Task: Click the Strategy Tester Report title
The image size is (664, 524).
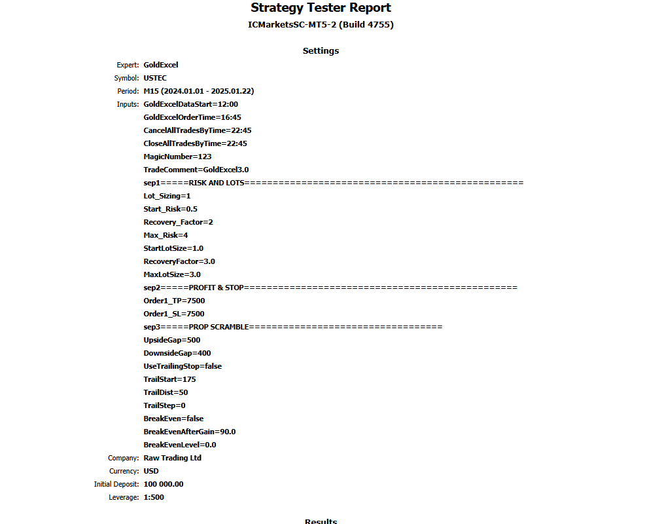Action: (x=321, y=8)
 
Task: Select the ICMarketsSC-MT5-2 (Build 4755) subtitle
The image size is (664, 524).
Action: (x=321, y=25)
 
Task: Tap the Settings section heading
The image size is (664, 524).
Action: (x=321, y=50)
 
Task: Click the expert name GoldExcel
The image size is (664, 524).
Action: (x=161, y=65)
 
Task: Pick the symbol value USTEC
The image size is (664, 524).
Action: (x=155, y=78)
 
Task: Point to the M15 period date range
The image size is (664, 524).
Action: (x=194, y=91)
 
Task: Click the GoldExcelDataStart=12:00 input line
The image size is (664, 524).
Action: (x=190, y=104)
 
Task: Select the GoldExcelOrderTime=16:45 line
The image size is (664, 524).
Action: (x=192, y=117)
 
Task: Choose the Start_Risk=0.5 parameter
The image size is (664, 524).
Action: (x=170, y=209)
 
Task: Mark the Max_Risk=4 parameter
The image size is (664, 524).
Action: (x=166, y=235)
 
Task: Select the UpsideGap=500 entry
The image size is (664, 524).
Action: (x=172, y=340)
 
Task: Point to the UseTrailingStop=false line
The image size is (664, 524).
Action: (x=183, y=366)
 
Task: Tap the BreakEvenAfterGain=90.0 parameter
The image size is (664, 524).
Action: (x=190, y=432)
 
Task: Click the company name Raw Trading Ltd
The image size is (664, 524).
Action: (x=173, y=458)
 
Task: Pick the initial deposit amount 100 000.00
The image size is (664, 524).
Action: (x=164, y=484)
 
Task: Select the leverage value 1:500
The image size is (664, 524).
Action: (x=154, y=497)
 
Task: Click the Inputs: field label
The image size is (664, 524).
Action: (x=128, y=104)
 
